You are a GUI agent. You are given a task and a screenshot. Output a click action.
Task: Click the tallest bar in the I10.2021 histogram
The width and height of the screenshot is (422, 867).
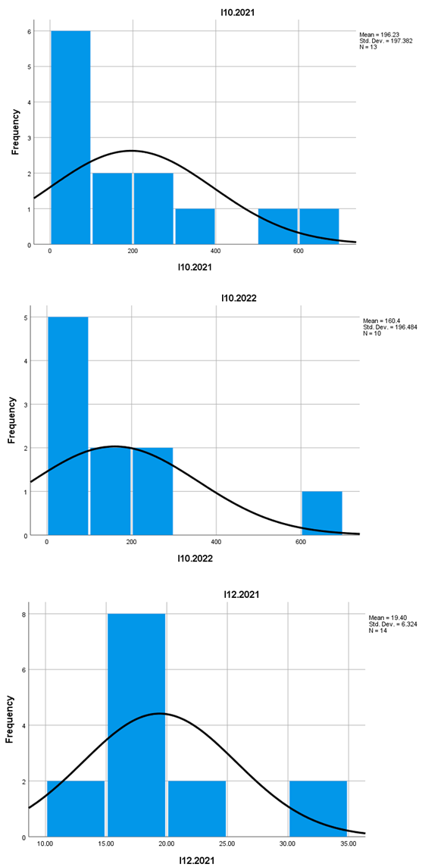(70, 137)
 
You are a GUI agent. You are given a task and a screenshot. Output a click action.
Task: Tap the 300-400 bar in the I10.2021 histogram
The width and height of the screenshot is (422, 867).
(195, 227)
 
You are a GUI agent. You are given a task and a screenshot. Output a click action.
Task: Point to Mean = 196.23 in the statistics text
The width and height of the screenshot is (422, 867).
(379, 35)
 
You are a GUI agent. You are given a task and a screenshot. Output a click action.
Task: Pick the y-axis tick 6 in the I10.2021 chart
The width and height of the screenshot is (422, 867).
(30, 31)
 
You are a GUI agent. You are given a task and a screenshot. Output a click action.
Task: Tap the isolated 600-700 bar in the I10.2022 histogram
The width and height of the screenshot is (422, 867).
(322, 513)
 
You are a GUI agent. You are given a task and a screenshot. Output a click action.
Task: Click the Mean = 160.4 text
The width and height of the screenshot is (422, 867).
(377, 321)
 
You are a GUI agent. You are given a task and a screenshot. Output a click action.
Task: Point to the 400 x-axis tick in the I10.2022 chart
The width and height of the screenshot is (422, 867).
(217, 542)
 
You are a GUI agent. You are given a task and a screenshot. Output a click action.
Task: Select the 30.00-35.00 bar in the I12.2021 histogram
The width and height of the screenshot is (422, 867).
(317, 809)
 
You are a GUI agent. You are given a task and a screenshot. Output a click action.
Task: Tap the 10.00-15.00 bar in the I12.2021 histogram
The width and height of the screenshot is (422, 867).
(75, 809)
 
